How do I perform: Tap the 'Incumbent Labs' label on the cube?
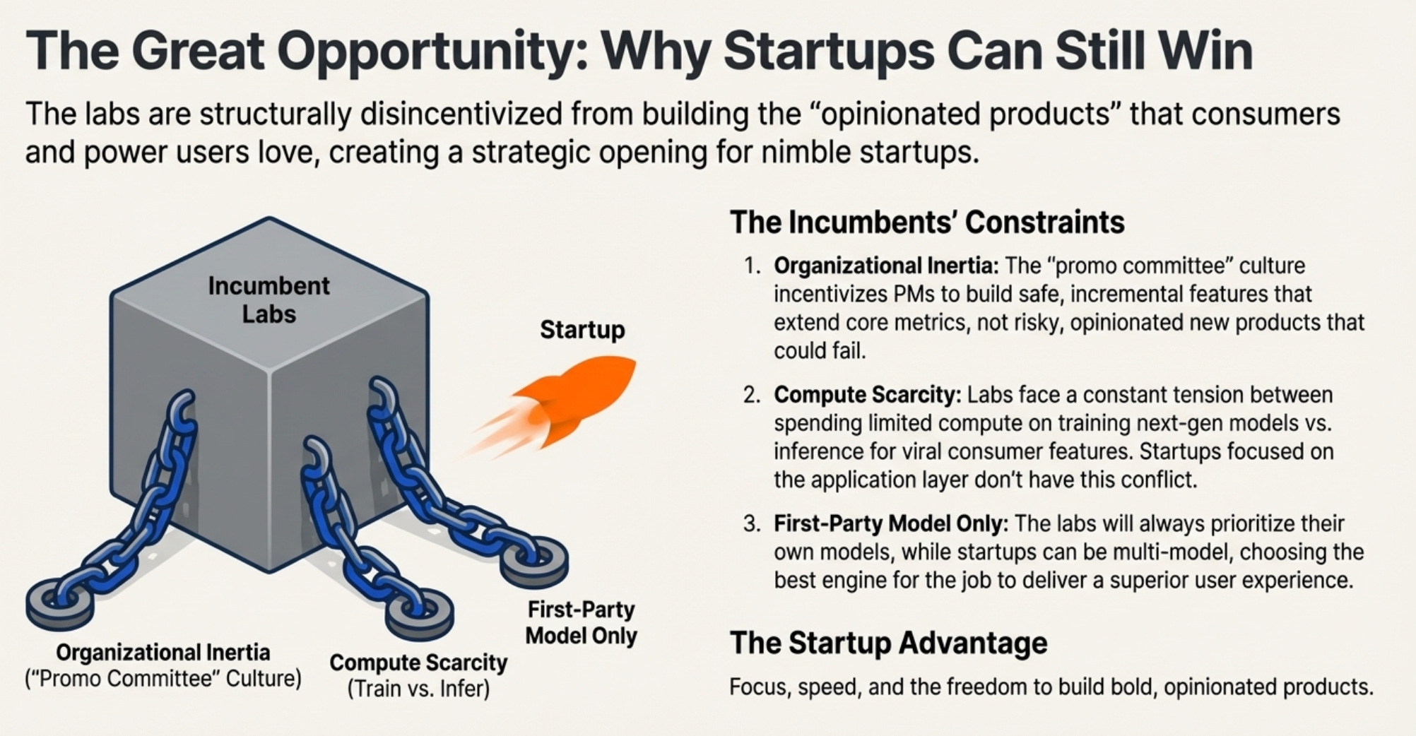click(269, 299)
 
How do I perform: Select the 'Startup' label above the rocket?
click(582, 330)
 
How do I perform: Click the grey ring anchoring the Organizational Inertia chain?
click(59, 603)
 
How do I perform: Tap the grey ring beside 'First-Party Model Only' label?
click(535, 560)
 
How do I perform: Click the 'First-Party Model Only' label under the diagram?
click(581, 622)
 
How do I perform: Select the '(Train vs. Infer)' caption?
click(418, 688)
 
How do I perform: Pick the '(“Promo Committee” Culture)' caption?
click(163, 679)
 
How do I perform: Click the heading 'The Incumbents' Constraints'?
click(926, 222)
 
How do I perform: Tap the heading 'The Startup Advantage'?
click(888, 643)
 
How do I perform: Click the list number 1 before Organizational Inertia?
click(751, 266)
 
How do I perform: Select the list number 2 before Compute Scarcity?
click(751, 395)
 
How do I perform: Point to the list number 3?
click(751, 524)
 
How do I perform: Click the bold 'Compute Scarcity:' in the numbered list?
click(868, 395)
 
